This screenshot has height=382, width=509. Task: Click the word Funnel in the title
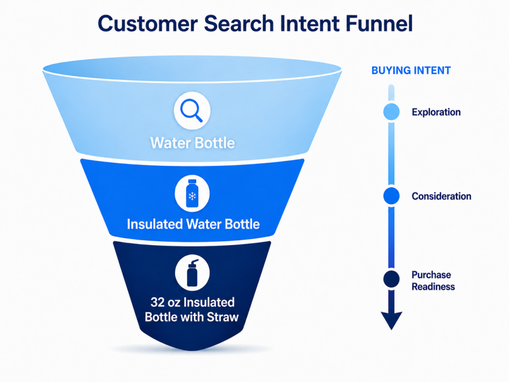(x=379, y=23)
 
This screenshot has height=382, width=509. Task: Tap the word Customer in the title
(x=148, y=24)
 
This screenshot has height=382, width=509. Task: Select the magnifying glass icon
(x=191, y=110)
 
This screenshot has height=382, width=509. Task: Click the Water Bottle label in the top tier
(x=192, y=143)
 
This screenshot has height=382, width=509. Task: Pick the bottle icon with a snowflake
(x=192, y=193)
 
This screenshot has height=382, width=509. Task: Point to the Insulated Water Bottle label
(x=193, y=224)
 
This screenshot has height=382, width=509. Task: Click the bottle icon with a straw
(x=192, y=273)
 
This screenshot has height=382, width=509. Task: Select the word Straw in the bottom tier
(x=223, y=317)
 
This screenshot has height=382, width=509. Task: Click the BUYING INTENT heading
(x=411, y=71)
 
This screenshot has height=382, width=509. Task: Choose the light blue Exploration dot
(x=392, y=112)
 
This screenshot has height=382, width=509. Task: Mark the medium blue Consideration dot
(x=392, y=196)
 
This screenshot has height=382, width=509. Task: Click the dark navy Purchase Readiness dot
(x=392, y=279)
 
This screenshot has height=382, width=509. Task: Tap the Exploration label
(x=436, y=112)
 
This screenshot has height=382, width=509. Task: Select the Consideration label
(x=441, y=196)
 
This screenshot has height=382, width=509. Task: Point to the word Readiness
(x=433, y=287)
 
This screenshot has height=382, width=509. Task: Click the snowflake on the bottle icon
(x=192, y=196)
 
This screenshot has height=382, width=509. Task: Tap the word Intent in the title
(x=309, y=24)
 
